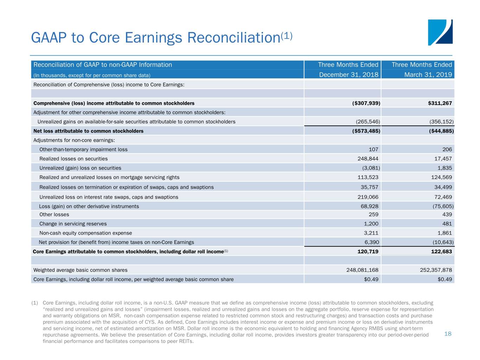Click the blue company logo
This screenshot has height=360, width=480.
click(x=440, y=32)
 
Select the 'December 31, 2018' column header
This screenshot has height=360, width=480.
click(x=348, y=75)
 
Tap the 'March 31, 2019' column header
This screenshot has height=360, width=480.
click(x=428, y=75)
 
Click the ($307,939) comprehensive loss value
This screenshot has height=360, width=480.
click(x=366, y=103)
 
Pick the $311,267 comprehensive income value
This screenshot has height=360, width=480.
click(x=440, y=103)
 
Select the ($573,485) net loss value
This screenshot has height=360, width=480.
click(x=366, y=131)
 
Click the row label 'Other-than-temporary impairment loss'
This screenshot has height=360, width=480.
click(x=83, y=149)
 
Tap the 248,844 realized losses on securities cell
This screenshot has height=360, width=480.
click(x=368, y=159)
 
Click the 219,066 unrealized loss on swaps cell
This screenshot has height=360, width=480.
click(x=368, y=197)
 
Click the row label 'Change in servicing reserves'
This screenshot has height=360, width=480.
click(x=73, y=224)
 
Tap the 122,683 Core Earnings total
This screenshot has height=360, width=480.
click(x=441, y=252)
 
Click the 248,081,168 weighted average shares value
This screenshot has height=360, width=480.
click(x=362, y=270)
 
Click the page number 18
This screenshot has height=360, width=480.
click(x=448, y=334)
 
